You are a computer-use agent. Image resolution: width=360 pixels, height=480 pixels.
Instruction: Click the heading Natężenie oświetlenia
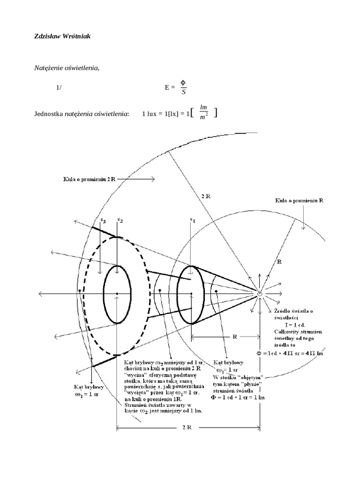[67, 68]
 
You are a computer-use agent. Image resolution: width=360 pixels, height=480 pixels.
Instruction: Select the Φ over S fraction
[184, 87]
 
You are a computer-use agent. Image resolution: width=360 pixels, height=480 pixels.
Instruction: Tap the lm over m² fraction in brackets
[203, 112]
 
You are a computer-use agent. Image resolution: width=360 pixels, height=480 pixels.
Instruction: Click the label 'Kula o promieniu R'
[300, 201]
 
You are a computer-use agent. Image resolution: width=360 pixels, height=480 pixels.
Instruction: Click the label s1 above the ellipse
[192, 219]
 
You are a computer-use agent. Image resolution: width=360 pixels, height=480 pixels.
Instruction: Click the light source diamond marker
[260, 293]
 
